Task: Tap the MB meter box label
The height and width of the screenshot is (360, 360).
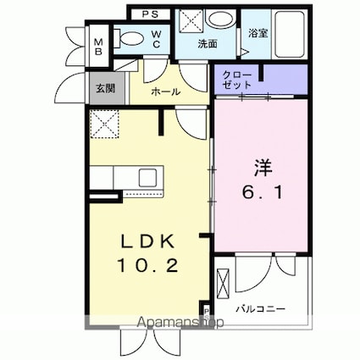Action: [x=98, y=47]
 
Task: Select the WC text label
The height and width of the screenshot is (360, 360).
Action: [x=157, y=39]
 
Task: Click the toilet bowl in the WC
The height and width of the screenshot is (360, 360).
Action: [x=130, y=39]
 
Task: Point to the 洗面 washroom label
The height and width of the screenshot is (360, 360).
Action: [x=208, y=43]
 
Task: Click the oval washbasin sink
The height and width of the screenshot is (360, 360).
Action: [x=220, y=19]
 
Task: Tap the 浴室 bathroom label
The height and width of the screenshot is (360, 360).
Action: [x=258, y=33]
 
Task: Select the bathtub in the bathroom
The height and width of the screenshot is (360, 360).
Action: [x=290, y=34]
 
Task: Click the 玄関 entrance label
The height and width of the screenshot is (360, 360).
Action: [x=106, y=88]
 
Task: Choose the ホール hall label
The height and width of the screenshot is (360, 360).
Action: [x=165, y=91]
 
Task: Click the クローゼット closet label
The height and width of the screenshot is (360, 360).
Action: [x=236, y=80]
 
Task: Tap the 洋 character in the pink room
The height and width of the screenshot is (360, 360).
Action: [x=263, y=167]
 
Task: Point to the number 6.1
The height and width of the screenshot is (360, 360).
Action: [x=263, y=193]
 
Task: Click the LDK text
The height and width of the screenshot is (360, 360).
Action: [x=148, y=241]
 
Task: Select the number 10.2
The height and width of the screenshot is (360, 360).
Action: [x=148, y=265]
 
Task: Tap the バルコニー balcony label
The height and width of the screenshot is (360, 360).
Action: [x=261, y=309]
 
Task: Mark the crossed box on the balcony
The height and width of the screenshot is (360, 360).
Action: [x=223, y=284]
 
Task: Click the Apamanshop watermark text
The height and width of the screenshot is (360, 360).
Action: [x=180, y=322]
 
